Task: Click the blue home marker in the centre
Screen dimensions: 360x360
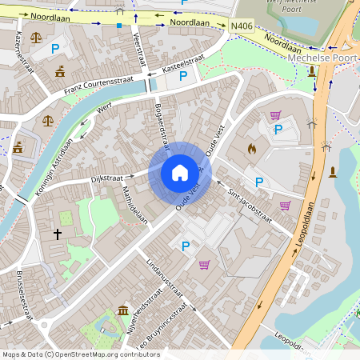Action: pyautogui.click(x=180, y=172)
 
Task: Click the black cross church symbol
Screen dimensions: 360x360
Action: pyautogui.click(x=58, y=234)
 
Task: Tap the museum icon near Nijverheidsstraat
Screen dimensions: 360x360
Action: pyautogui.click(x=122, y=310)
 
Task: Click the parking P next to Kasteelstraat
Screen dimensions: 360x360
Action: pyautogui.click(x=183, y=77)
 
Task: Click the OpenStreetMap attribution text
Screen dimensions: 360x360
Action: pyautogui.click(x=80, y=354)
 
